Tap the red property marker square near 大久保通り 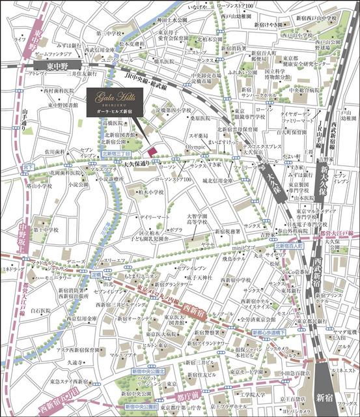[x=154, y=152]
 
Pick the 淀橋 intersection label [x=96, y=275]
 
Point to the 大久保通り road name [x=137, y=164]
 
